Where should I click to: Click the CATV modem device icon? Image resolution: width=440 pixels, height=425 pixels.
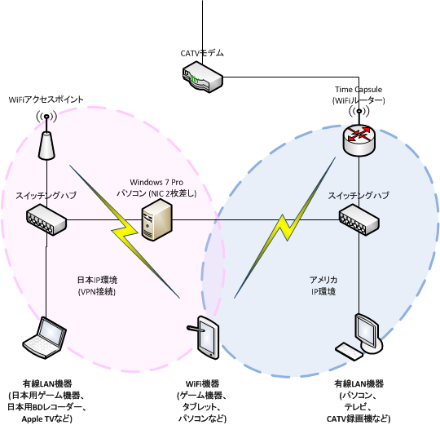click(203, 77)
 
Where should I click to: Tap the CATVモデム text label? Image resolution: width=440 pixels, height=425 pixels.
click(202, 53)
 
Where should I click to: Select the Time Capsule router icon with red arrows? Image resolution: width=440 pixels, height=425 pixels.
click(359, 140)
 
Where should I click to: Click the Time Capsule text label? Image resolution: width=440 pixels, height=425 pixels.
click(359, 90)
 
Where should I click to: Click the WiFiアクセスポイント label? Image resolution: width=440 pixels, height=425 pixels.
click(46, 100)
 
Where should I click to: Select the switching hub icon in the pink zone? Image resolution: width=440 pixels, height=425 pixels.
click(46, 219)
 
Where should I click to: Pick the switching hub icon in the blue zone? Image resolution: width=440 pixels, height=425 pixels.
click(359, 219)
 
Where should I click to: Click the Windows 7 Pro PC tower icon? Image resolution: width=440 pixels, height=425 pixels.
click(157, 219)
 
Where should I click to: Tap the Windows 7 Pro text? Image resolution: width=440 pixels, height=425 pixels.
click(156, 182)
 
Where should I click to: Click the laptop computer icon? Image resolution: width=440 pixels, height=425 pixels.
click(45, 338)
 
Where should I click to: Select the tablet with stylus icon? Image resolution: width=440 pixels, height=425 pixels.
click(203, 338)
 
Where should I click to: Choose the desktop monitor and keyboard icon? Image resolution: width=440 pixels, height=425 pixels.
click(359, 336)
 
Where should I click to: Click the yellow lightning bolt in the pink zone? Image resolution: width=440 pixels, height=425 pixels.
click(125, 232)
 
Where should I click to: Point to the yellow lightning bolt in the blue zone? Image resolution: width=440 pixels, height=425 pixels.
click(285, 228)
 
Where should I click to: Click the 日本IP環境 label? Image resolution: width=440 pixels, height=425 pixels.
click(97, 280)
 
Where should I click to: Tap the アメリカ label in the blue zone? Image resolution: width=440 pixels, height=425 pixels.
click(323, 280)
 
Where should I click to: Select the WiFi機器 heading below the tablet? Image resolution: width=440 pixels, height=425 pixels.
click(202, 383)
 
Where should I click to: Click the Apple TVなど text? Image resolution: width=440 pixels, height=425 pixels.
click(47, 418)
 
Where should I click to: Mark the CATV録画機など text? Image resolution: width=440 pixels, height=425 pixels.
click(359, 418)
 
